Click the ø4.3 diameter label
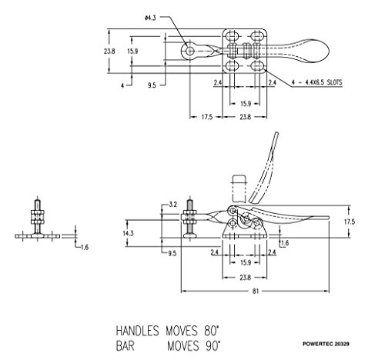(x=150, y=18)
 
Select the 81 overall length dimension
(x=256, y=291)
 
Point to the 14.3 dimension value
(x=128, y=234)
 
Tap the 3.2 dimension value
(x=172, y=205)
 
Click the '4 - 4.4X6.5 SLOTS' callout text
(x=317, y=82)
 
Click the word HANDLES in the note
(x=137, y=331)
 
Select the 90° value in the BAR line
(x=213, y=346)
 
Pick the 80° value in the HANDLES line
(x=212, y=331)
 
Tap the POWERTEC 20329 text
(x=326, y=344)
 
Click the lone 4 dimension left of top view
(x=122, y=85)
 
